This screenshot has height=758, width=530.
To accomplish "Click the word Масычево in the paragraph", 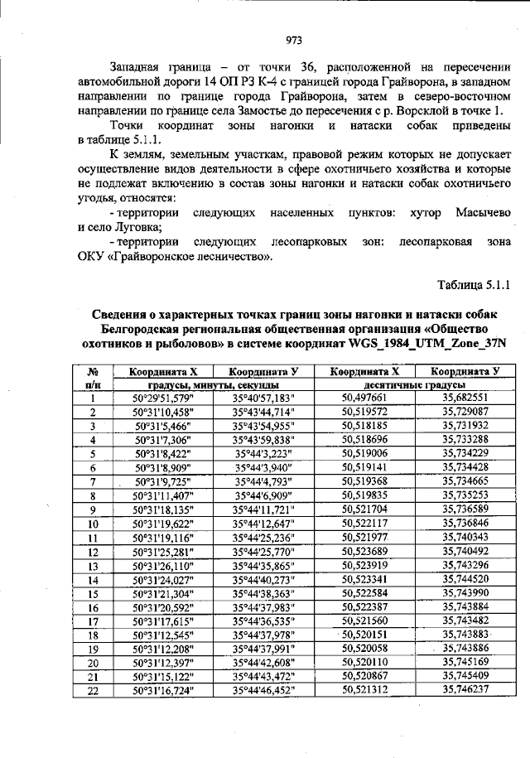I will click(482, 213).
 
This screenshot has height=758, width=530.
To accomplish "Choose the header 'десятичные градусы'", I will click(414, 385).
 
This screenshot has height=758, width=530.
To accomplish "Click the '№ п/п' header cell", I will click(94, 379).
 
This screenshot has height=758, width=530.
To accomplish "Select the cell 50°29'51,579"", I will click(162, 398).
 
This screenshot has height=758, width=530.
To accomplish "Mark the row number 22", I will click(94, 689).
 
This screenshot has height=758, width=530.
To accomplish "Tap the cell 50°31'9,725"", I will click(162, 481).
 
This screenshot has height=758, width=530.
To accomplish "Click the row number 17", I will click(94, 620).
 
